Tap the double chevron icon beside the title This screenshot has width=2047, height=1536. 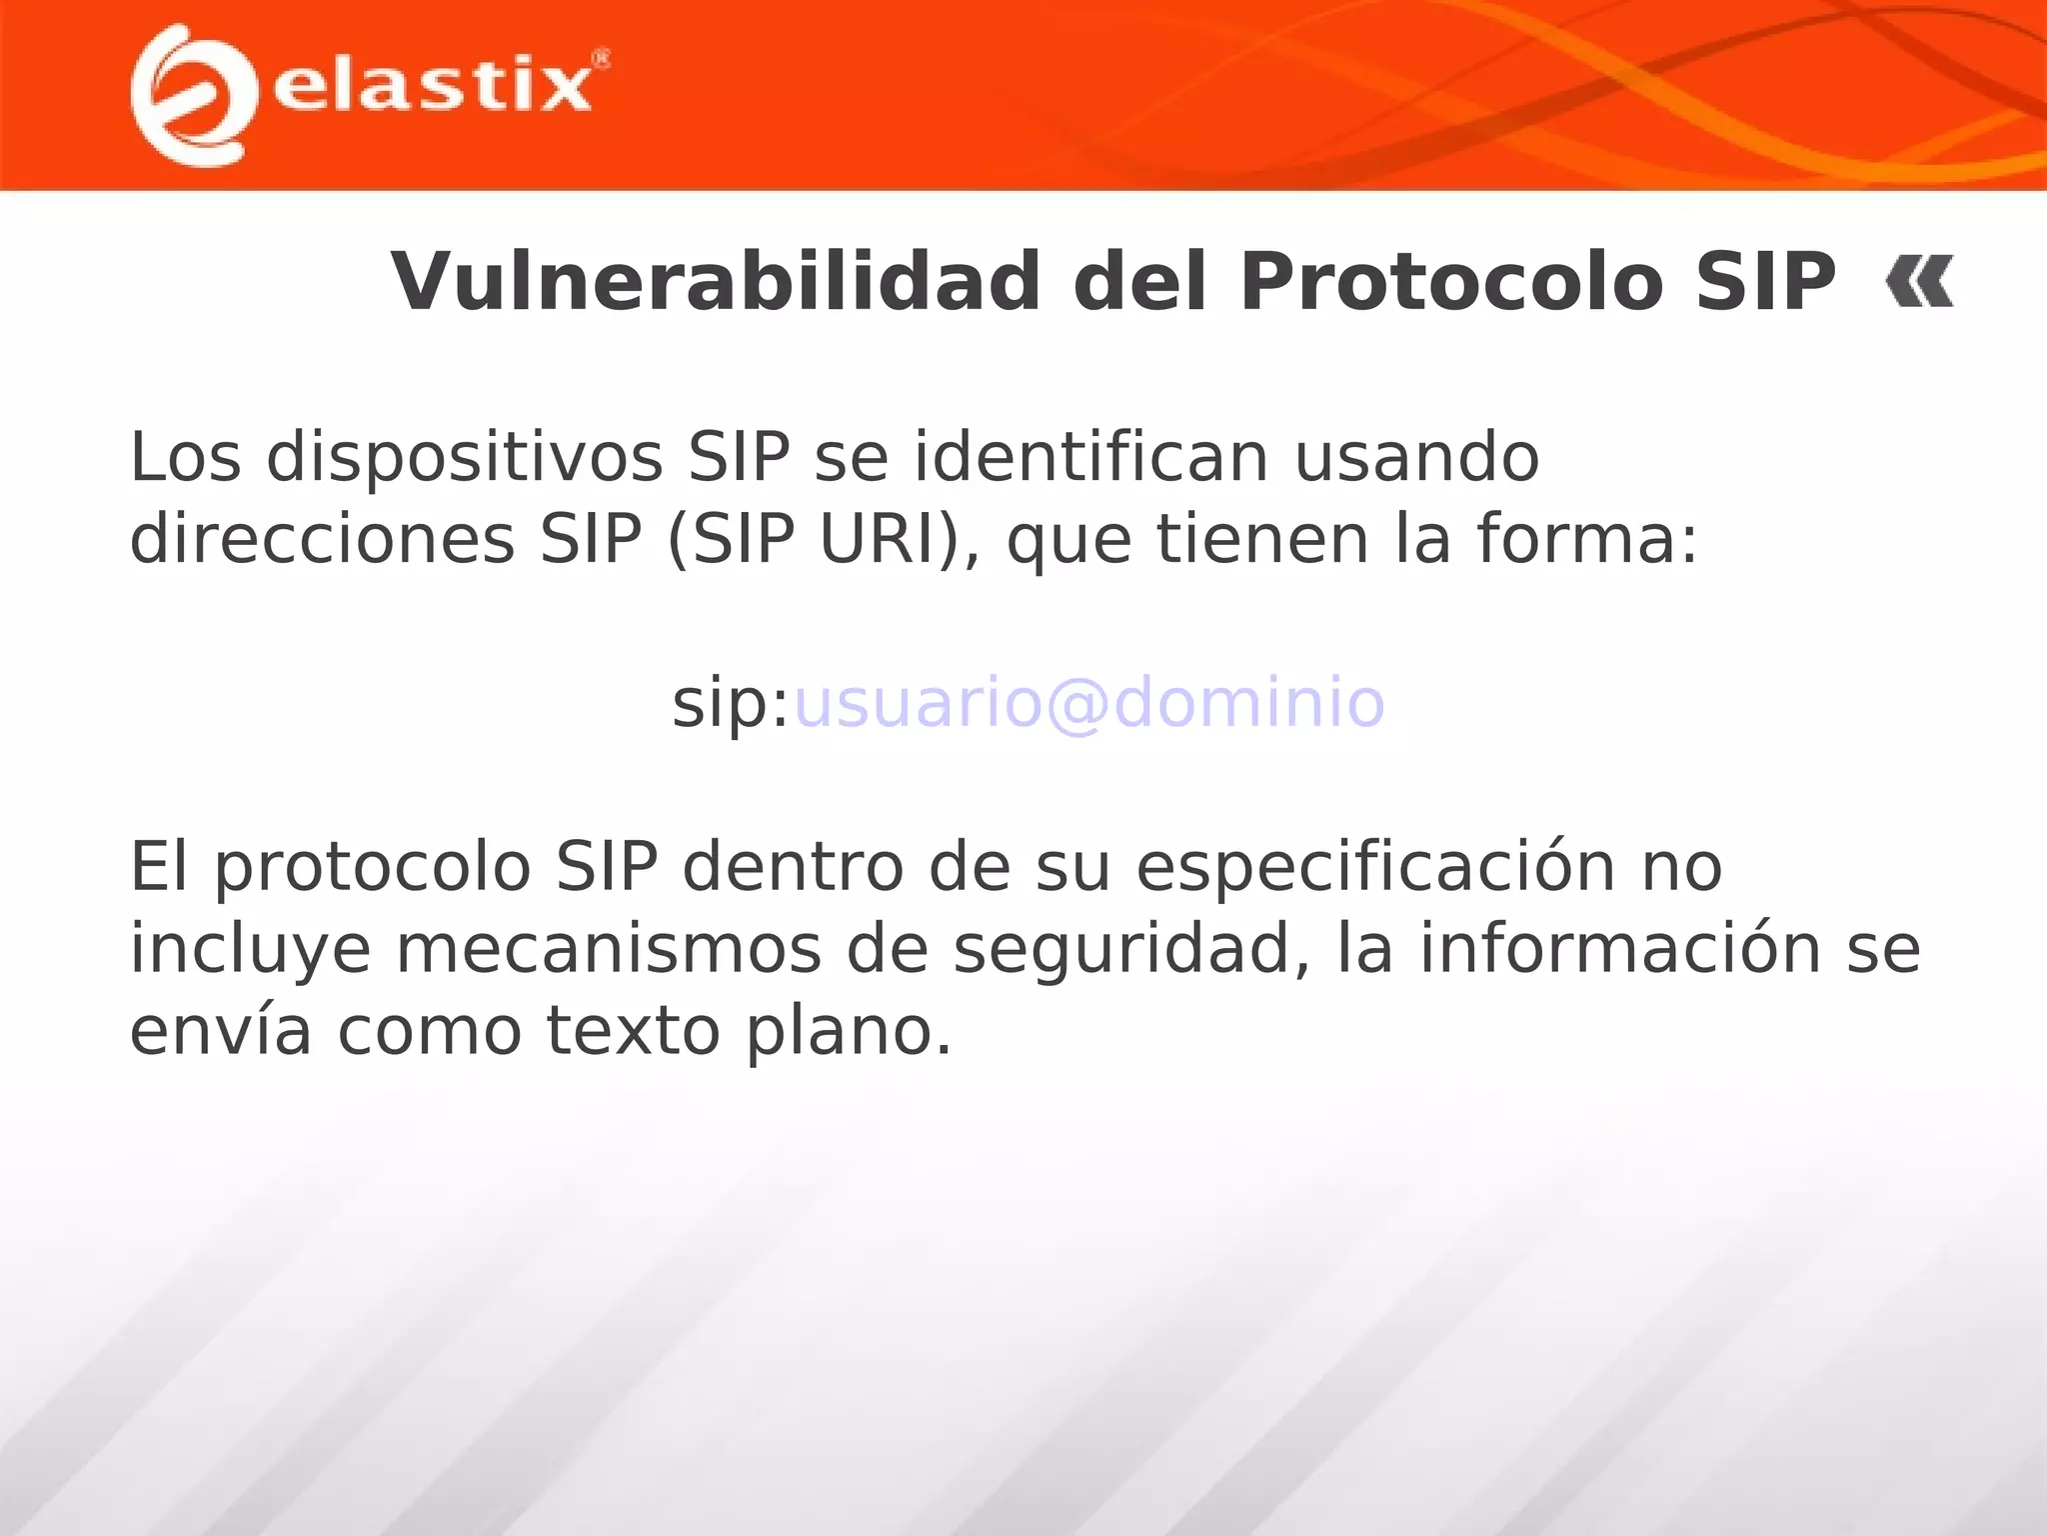1919,282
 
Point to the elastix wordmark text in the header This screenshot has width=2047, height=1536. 432,86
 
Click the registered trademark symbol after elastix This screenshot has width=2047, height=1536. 601,59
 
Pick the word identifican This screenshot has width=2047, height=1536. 1091,457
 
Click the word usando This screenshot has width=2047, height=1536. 1416,457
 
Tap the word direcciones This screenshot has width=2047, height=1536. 322,540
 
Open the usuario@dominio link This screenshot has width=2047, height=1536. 1088,703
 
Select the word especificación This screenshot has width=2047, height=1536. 1376,867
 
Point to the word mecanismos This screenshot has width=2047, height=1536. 608,949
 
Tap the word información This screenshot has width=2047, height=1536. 1619,949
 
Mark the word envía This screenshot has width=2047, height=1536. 220,1031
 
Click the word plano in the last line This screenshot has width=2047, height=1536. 849,1033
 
